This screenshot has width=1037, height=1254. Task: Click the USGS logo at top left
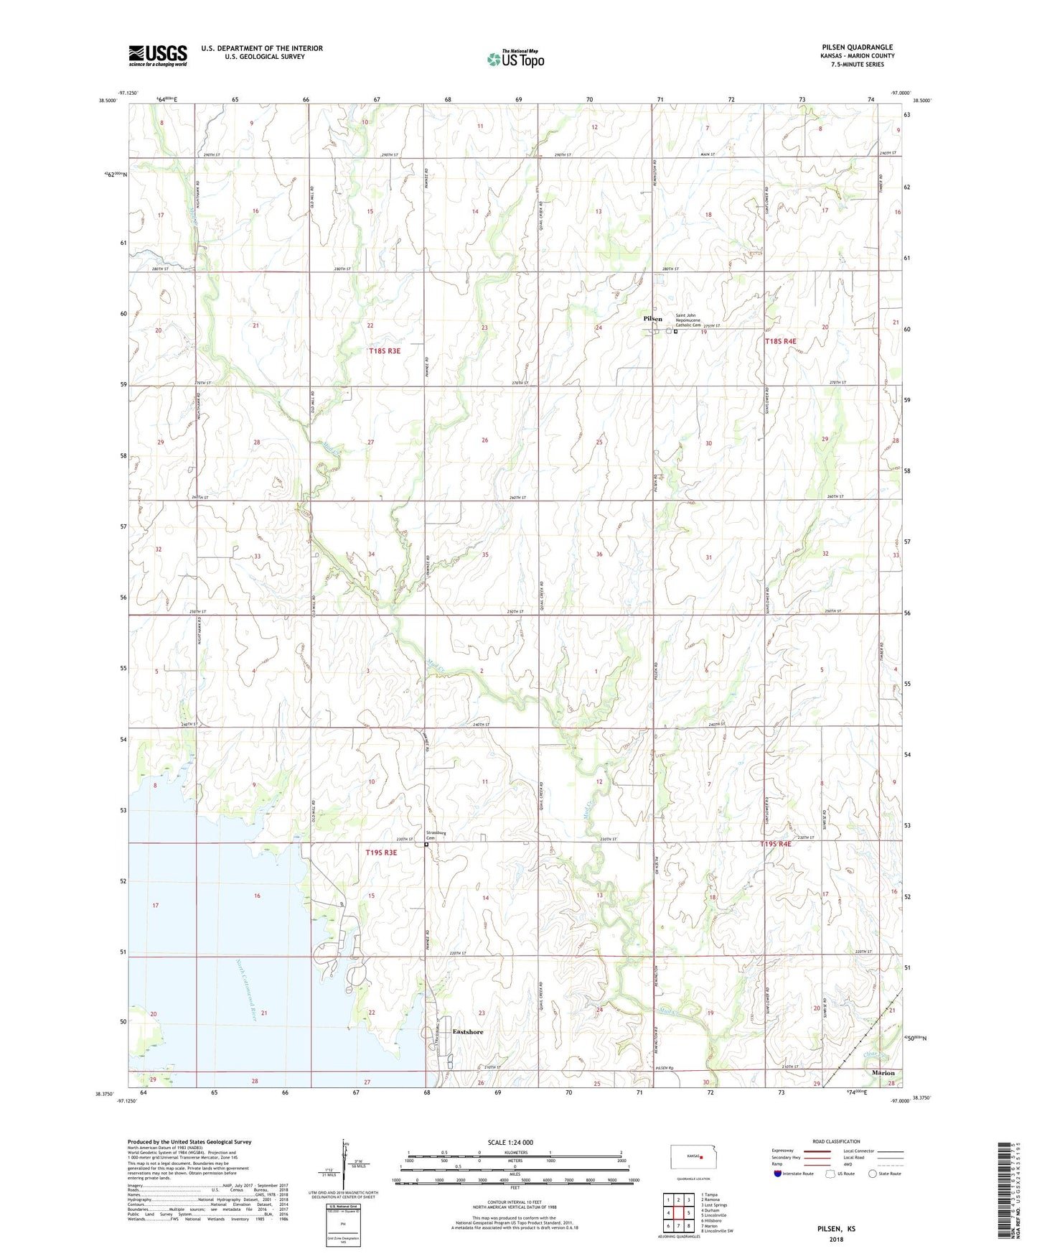pyautogui.click(x=158, y=55)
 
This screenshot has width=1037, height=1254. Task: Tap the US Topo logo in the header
pyautogui.click(x=515, y=59)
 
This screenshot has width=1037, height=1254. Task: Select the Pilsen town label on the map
pyautogui.click(x=652, y=319)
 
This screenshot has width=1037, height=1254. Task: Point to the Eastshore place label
pyautogui.click(x=468, y=1032)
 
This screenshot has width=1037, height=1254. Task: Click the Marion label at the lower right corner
pyautogui.click(x=883, y=1073)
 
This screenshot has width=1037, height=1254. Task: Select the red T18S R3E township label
pyautogui.click(x=384, y=351)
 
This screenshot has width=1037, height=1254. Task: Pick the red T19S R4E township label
pyautogui.click(x=775, y=844)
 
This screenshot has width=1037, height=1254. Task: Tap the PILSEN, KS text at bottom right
pyautogui.click(x=836, y=1229)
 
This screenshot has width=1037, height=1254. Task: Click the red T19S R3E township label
pyautogui.click(x=381, y=853)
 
